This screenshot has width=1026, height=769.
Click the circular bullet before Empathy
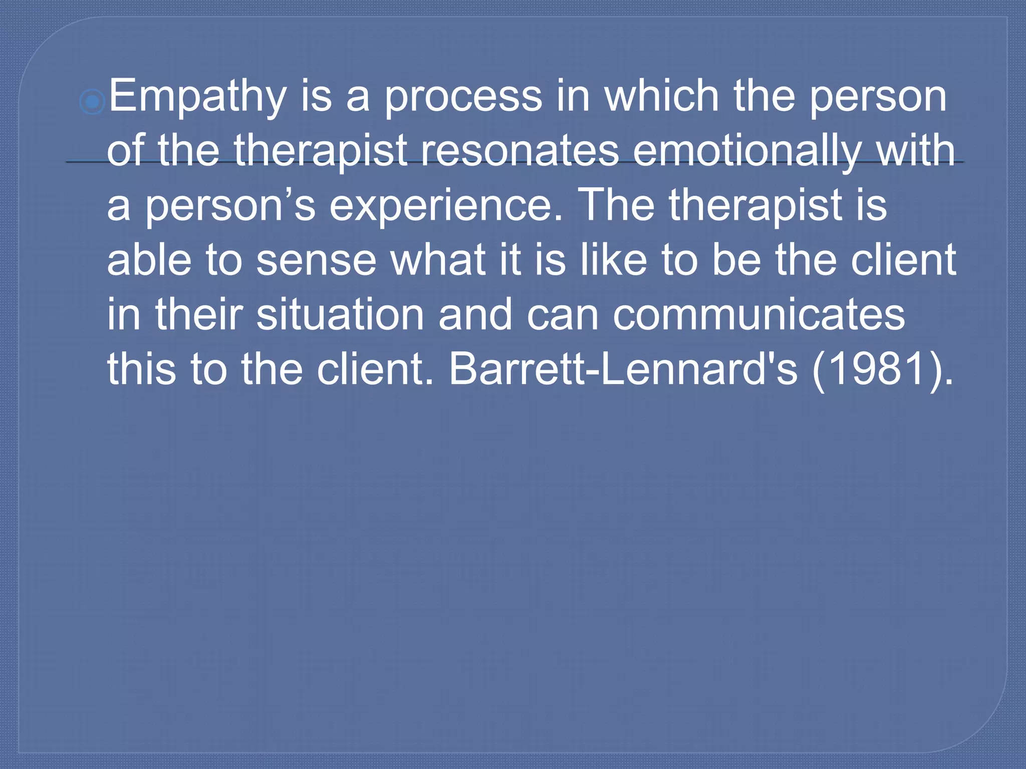point(92,103)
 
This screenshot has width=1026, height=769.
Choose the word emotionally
point(747,152)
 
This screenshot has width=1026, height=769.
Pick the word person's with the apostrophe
point(230,206)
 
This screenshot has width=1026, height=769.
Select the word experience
point(445,206)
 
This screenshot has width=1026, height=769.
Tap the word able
point(149,260)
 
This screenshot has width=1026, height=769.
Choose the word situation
point(340,314)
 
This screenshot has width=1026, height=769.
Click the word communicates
point(758,315)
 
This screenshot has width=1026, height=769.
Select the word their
point(199,314)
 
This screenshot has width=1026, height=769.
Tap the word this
point(142,369)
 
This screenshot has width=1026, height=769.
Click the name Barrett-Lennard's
point(623,369)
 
